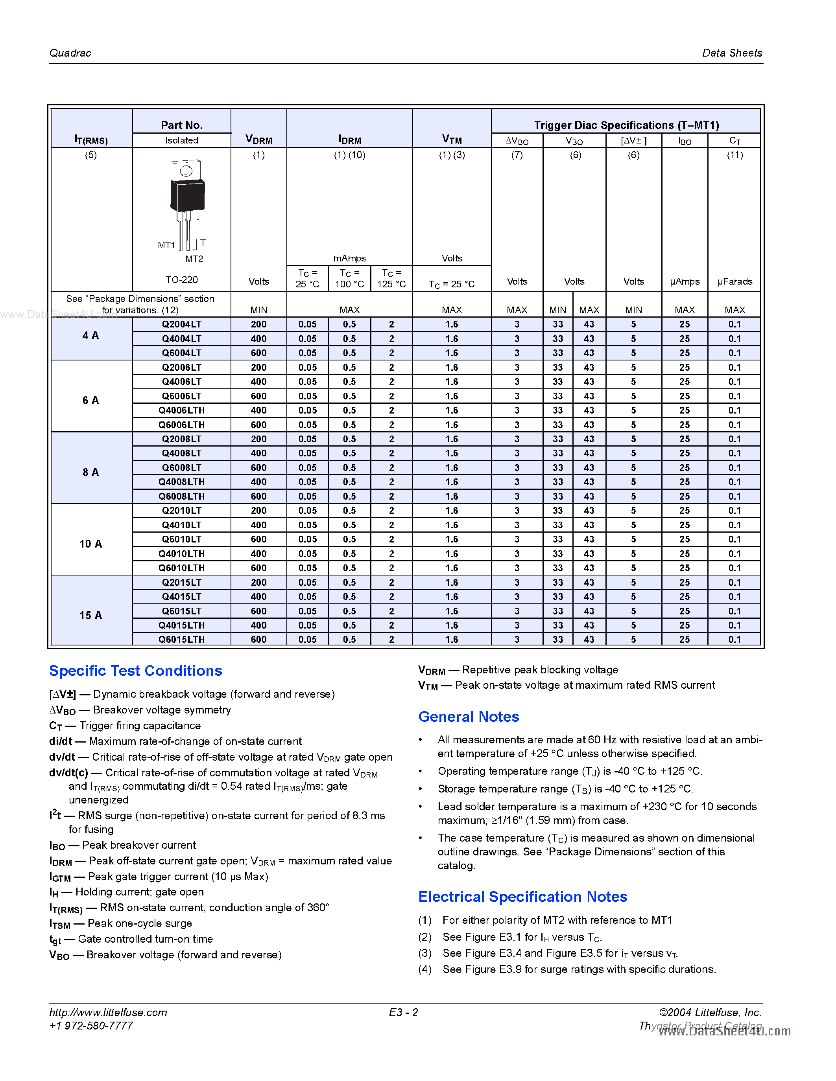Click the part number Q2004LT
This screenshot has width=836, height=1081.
click(x=181, y=324)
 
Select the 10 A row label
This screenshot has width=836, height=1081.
click(x=90, y=544)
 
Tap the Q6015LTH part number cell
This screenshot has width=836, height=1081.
click(x=181, y=640)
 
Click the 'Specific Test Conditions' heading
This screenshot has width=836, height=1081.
click(x=135, y=671)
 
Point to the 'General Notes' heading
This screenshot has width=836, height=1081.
click(x=468, y=717)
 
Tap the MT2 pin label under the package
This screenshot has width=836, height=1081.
click(x=194, y=259)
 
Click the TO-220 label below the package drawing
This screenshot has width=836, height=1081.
click(x=181, y=279)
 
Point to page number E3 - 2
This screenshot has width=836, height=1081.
click(x=403, y=1012)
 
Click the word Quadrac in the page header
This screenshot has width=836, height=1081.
click(x=70, y=53)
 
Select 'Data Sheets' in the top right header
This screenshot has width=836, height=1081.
click(x=732, y=53)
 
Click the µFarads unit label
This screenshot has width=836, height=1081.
click(x=734, y=281)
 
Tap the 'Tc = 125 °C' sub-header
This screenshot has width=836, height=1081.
click(x=391, y=278)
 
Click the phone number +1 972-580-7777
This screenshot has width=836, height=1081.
click(x=91, y=1026)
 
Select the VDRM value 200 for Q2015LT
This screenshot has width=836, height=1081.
click(x=258, y=583)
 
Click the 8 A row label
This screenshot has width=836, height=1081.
click(x=90, y=472)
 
